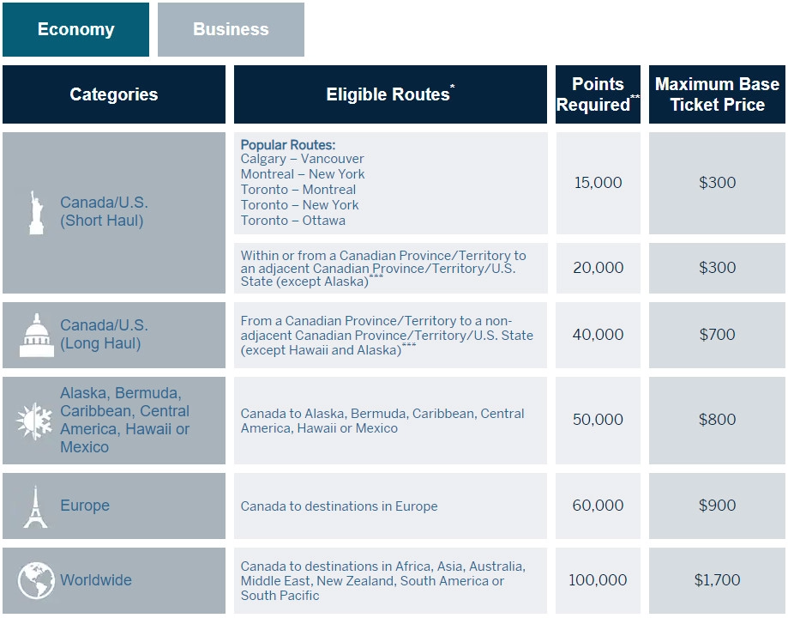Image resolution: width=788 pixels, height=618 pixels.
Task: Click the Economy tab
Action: click(x=75, y=29)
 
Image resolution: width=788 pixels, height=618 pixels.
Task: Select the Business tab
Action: click(x=231, y=29)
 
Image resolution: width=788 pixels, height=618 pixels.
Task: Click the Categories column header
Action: click(x=114, y=94)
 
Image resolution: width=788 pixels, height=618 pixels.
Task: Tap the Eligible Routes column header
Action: click(x=390, y=94)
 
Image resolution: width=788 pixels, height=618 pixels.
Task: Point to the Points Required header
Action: click(x=598, y=94)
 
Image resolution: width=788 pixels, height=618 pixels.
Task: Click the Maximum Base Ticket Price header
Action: click(x=717, y=94)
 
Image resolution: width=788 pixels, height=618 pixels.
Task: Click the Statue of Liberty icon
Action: click(x=35, y=212)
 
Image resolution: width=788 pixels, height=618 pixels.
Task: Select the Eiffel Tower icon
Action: click(x=35, y=506)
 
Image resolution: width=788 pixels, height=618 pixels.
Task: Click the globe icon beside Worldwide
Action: click(x=36, y=580)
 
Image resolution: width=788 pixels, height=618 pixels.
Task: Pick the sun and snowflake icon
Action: click(x=35, y=421)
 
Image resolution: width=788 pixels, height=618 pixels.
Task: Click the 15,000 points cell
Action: click(x=598, y=183)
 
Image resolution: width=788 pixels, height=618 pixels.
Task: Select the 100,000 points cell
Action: click(x=598, y=580)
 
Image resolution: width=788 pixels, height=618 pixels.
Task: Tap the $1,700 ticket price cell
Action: click(x=717, y=580)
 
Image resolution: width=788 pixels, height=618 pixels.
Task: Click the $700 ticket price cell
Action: click(x=717, y=335)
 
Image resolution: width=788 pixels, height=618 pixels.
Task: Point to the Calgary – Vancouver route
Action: click(x=302, y=159)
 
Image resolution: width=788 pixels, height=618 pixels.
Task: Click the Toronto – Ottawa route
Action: click(x=293, y=221)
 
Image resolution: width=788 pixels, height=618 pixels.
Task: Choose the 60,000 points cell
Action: click(x=598, y=506)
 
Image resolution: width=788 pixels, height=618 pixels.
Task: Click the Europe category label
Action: click(x=85, y=506)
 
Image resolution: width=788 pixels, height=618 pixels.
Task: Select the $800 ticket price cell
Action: click(x=717, y=420)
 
